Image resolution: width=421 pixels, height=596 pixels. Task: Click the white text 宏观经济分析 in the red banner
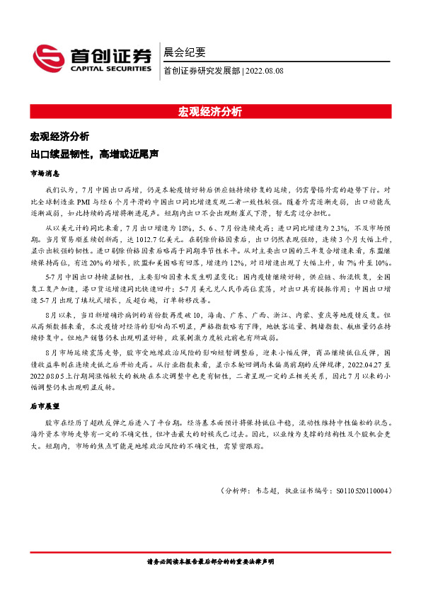point(210,111)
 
